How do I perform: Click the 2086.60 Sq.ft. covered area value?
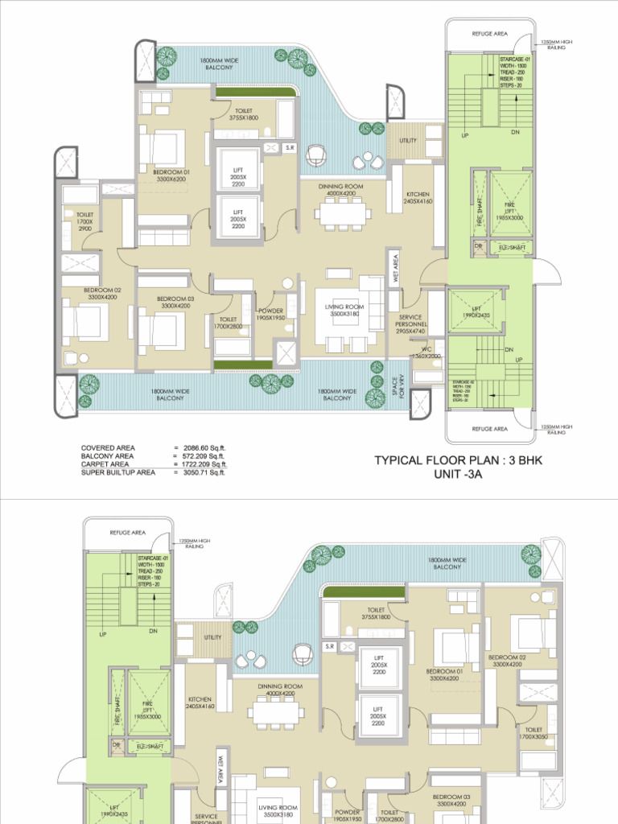pyautogui.click(x=204, y=447)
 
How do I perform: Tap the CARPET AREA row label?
pyautogui.click(x=105, y=464)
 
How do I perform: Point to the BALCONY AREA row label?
pyautogui.click(x=108, y=456)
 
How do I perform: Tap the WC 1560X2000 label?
pyautogui.click(x=426, y=352)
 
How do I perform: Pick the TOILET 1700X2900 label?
pyautogui.click(x=84, y=222)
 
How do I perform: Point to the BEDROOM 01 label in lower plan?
pyautogui.click(x=445, y=674)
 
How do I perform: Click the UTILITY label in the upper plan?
pyautogui.click(x=408, y=141)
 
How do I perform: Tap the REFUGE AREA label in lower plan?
pyautogui.click(x=127, y=532)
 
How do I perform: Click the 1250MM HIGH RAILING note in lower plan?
pyautogui.click(x=194, y=543)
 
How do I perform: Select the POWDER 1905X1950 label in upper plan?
pyautogui.click(x=270, y=315)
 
